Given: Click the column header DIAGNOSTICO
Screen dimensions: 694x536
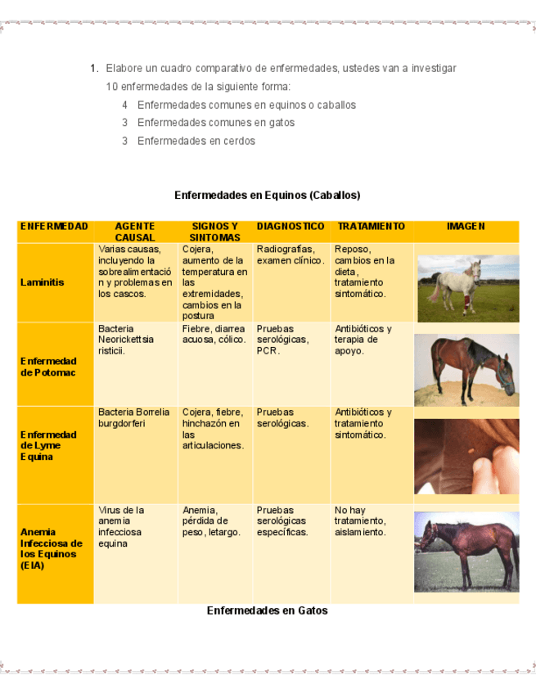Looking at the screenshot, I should point(291,226).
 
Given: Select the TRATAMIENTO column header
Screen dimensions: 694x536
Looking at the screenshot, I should point(371,226).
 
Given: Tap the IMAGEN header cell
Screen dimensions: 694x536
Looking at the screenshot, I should point(466,226).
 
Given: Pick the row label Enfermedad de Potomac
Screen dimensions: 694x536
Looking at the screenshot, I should point(48,367).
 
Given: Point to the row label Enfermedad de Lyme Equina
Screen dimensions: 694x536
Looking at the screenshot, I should point(48,445).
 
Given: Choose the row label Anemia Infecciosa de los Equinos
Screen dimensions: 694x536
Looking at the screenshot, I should point(52,548).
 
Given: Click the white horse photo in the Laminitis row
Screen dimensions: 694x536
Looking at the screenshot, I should point(467,288).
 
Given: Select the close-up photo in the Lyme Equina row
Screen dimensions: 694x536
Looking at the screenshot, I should point(466,456).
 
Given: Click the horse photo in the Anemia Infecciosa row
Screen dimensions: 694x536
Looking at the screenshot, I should point(466,551).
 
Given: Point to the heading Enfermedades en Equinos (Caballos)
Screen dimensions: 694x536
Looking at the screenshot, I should point(267,196).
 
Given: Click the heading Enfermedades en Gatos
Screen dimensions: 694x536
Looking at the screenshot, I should point(267,611).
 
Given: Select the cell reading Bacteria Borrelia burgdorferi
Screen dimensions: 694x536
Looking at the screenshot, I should point(134,417).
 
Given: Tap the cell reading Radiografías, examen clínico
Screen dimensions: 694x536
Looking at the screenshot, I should point(291,255).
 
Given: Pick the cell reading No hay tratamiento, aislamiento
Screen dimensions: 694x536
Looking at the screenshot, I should point(360,520).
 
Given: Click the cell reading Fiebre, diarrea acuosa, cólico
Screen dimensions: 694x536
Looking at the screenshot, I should point(214,334).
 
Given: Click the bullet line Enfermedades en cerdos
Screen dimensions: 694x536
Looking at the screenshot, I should point(196,141).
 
